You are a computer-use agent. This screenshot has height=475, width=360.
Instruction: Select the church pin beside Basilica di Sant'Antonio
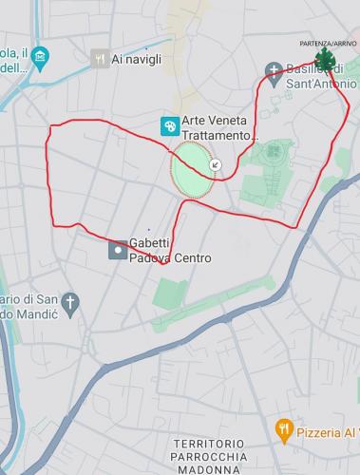pyautogui.click(x=275, y=70)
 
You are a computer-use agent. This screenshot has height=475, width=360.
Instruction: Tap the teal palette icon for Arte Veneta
pyautogui.click(x=169, y=124)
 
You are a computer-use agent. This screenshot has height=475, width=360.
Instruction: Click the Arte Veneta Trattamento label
pyautogui.click(x=219, y=130)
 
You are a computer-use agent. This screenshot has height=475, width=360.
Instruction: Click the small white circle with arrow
pyautogui.click(x=215, y=164)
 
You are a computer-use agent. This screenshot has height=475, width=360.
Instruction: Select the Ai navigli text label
pyautogui.click(x=137, y=59)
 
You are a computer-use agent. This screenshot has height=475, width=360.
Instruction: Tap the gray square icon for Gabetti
pyautogui.click(x=118, y=251)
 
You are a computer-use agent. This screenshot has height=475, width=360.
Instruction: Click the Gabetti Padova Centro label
pyautogui.click(x=169, y=251)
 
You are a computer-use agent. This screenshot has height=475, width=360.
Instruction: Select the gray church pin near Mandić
pyautogui.click(x=79, y=301)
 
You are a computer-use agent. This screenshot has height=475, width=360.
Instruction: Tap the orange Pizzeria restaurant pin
pyautogui.click(x=283, y=430)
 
